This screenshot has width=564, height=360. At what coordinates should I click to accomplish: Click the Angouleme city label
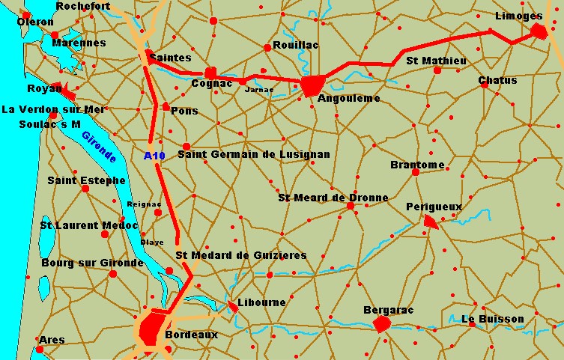tap(349, 98)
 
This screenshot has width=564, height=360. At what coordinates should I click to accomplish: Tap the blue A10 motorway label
tap(153, 156)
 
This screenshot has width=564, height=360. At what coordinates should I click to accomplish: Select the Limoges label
tap(519, 16)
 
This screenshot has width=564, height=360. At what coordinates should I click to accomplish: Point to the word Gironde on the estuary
tap(99, 147)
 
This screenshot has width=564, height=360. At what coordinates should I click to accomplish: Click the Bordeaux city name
tap(191, 335)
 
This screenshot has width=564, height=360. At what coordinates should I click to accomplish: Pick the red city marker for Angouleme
tap(312, 85)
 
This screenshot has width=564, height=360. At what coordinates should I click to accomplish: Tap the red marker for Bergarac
tap(382, 323)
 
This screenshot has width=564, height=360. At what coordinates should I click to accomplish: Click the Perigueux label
tap(434, 206)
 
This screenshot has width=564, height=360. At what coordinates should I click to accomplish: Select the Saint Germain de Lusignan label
tap(254, 154)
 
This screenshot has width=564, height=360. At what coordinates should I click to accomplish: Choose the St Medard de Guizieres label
tap(240, 255)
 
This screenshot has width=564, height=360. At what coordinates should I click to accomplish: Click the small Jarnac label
tap(259, 89)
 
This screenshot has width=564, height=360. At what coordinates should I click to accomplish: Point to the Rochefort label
tap(83, 6)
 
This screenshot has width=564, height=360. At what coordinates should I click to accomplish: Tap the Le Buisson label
tap(493, 319)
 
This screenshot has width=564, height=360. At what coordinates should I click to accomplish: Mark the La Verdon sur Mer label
tap(53, 109)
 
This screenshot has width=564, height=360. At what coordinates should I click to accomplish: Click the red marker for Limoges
tap(539, 31)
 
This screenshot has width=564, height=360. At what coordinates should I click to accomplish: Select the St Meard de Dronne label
tap(333, 198)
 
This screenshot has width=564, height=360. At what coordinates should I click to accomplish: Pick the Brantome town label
tap(417, 165)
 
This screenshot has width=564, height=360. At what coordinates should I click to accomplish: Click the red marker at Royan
tap(68, 93)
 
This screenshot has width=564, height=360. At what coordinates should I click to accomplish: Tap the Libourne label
tap(261, 303)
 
